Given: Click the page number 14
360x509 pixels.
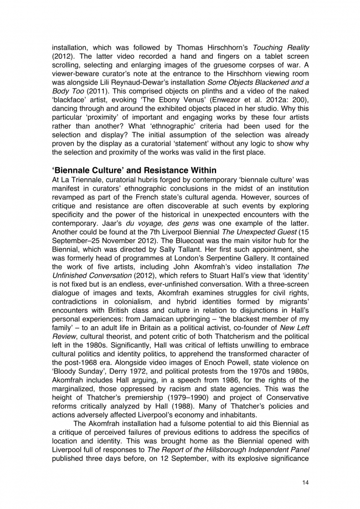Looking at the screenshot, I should (x=305, y=483).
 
